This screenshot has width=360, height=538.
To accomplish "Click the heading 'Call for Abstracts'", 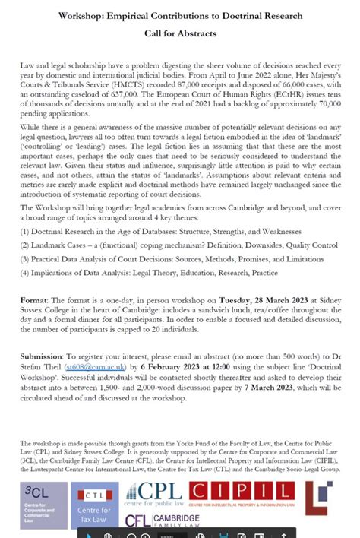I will [180, 33].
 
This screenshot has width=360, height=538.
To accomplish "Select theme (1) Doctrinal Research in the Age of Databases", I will [161, 231].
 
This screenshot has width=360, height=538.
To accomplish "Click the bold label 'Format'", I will [34, 300].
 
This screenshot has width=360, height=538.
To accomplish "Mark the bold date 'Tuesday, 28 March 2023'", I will [261, 300].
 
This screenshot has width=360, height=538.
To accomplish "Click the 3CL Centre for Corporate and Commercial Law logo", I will [43, 505].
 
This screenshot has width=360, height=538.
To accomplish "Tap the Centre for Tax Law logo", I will [94, 505].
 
